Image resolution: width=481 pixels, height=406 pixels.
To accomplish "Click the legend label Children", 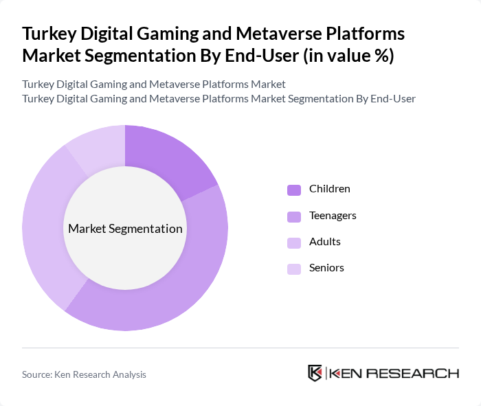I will tap(329, 189).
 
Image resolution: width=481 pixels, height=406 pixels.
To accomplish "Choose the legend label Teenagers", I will tap(333, 215).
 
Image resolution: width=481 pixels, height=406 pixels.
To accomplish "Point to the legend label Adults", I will tap(324, 242).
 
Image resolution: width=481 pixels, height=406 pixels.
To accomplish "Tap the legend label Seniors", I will tap(326, 268).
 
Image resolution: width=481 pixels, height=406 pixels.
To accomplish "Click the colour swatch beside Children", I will tap(294, 190).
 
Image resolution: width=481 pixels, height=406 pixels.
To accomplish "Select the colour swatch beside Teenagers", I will tap(294, 216).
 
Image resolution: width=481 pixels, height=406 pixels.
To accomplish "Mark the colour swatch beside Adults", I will tap(294, 243).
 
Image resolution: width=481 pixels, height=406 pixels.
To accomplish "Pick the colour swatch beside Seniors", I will tap(294, 269).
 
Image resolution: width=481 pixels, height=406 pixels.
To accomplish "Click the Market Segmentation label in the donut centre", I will tap(125, 229).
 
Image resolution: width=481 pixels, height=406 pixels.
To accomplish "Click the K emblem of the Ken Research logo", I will tap(315, 373).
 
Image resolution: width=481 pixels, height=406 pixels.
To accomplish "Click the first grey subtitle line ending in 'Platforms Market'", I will tap(154, 84).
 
